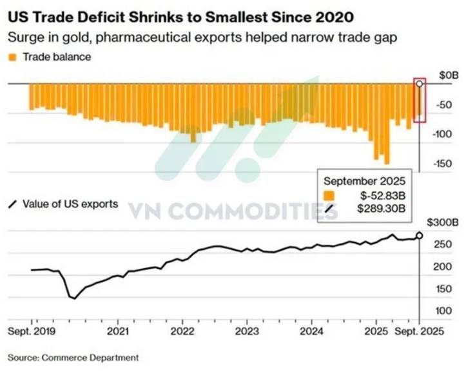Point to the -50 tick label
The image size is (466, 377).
coord(445,104)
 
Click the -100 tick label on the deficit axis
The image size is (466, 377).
coord(443,133)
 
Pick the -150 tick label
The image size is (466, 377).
coord(443,163)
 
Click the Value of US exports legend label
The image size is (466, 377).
coord(70,204)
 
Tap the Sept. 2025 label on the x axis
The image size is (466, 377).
coord(419,333)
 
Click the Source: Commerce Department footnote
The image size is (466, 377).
coord(73,356)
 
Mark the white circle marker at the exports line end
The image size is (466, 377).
coord(420,236)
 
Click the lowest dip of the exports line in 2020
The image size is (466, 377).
coord(74,298)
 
